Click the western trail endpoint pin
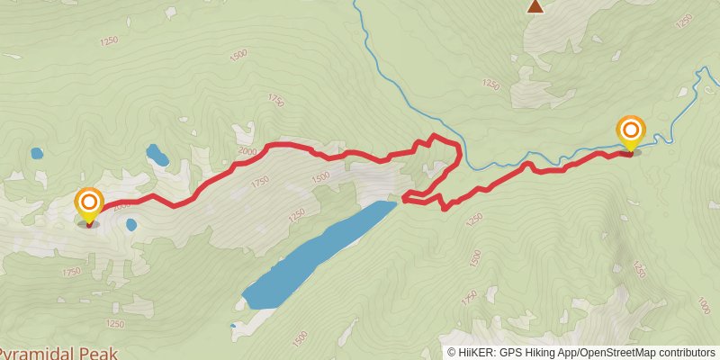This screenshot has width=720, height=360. [x=88, y=203]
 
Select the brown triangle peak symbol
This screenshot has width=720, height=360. [x=535, y=7]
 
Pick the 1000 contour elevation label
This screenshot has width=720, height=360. [x=702, y=307]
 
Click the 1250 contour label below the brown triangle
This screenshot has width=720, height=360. [x=490, y=85]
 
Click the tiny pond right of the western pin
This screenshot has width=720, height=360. [x=131, y=223]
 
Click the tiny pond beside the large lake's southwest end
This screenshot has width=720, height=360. [x=232, y=325]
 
